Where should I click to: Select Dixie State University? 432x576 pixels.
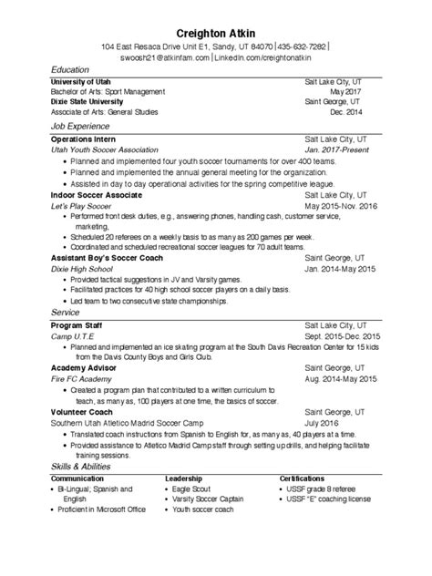(88, 102)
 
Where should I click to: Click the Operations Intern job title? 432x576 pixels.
(83, 138)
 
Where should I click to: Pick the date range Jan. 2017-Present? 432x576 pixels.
(335, 148)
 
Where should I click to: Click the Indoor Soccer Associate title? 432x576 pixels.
(97, 195)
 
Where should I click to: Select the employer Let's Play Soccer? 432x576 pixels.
(87, 206)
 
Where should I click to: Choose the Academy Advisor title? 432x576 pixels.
(84, 366)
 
